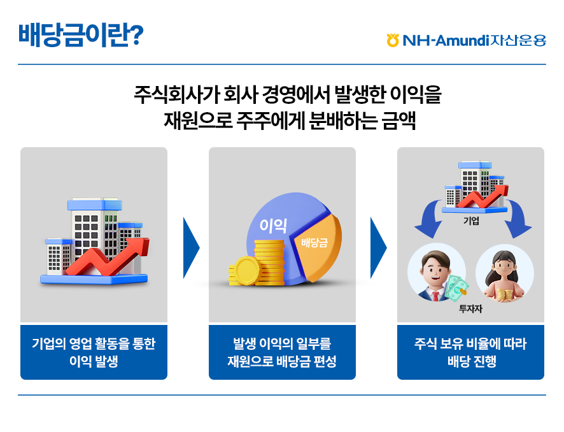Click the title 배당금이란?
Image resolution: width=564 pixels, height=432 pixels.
[x=81, y=35]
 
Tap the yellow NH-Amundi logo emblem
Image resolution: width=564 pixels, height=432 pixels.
[x=393, y=40]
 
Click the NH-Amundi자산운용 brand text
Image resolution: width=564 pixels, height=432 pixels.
[x=474, y=40]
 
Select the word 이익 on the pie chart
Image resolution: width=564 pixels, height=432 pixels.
[x=273, y=226]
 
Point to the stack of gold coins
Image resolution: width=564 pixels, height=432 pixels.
[x=257, y=264]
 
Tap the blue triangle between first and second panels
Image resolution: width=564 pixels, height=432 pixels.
[x=191, y=248]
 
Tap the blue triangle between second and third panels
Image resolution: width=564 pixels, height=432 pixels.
[x=378, y=248]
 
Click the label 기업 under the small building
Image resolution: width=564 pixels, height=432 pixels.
[x=471, y=220]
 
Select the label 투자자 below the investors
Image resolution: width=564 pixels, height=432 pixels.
[x=470, y=308]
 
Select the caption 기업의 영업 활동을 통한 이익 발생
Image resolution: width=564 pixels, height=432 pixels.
[x=94, y=352]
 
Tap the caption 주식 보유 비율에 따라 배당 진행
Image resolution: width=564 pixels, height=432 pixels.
[x=470, y=352]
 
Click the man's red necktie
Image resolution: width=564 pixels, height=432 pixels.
[x=435, y=296]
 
